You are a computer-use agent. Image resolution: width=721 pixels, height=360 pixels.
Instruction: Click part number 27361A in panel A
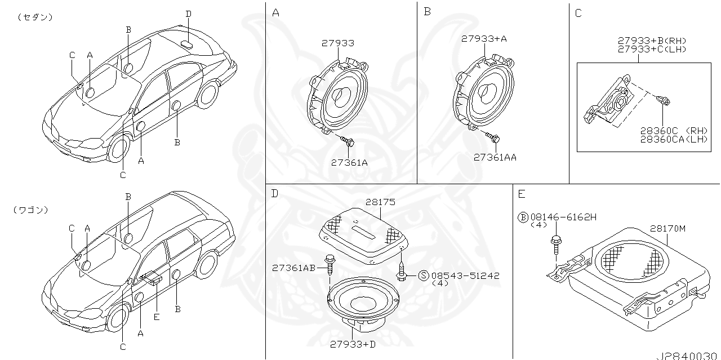tap(349, 162)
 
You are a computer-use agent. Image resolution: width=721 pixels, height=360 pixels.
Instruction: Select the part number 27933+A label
tap(484, 39)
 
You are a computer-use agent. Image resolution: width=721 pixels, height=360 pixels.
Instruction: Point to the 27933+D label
tap(353, 344)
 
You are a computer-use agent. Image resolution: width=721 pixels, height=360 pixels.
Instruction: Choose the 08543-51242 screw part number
tap(465, 275)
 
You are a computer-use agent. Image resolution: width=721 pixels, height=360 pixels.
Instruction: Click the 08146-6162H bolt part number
tap(563, 217)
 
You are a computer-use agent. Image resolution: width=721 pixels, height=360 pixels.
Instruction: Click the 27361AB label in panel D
tap(293, 268)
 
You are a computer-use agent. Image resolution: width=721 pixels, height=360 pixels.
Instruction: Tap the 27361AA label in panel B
tap(495, 158)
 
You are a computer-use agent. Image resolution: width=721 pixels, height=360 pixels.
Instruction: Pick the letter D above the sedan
tap(188, 14)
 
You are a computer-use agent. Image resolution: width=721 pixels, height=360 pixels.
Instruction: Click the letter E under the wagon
tap(157, 317)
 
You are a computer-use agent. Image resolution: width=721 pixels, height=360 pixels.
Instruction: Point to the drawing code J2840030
tap(687, 355)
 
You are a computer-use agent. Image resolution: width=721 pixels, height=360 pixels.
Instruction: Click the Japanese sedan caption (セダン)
tap(35, 17)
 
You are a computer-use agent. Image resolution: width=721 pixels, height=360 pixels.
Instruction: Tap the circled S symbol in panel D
tap(424, 275)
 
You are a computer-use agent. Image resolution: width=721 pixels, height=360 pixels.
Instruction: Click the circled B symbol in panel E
tap(522, 217)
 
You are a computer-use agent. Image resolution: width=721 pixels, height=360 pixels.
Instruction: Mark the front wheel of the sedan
tap(118, 148)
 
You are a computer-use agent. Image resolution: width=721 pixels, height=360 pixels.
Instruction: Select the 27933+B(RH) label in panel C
tap(652, 41)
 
